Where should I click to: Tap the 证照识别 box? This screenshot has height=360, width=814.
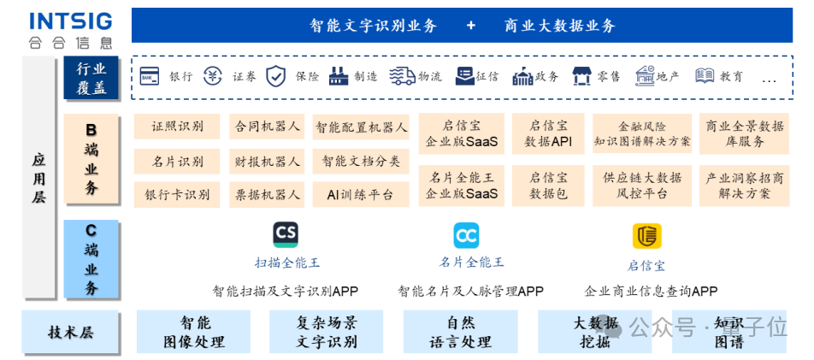click(x=177, y=127)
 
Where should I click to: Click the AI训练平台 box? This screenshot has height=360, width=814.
click(x=360, y=194)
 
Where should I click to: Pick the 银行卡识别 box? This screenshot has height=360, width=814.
click(x=177, y=194)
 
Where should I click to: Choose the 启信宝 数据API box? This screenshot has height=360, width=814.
click(x=548, y=134)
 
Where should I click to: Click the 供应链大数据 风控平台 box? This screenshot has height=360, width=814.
click(x=642, y=186)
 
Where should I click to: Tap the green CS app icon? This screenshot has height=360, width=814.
click(x=286, y=235)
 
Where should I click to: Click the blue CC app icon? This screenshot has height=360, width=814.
click(x=466, y=235)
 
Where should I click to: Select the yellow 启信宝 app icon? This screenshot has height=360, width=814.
click(x=646, y=235)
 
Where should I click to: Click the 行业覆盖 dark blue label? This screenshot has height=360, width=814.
click(x=91, y=77)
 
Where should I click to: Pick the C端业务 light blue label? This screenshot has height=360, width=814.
click(x=91, y=259)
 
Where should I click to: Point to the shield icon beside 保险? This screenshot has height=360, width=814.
click(x=275, y=76)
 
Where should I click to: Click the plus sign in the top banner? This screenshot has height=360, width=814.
click(x=471, y=26)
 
